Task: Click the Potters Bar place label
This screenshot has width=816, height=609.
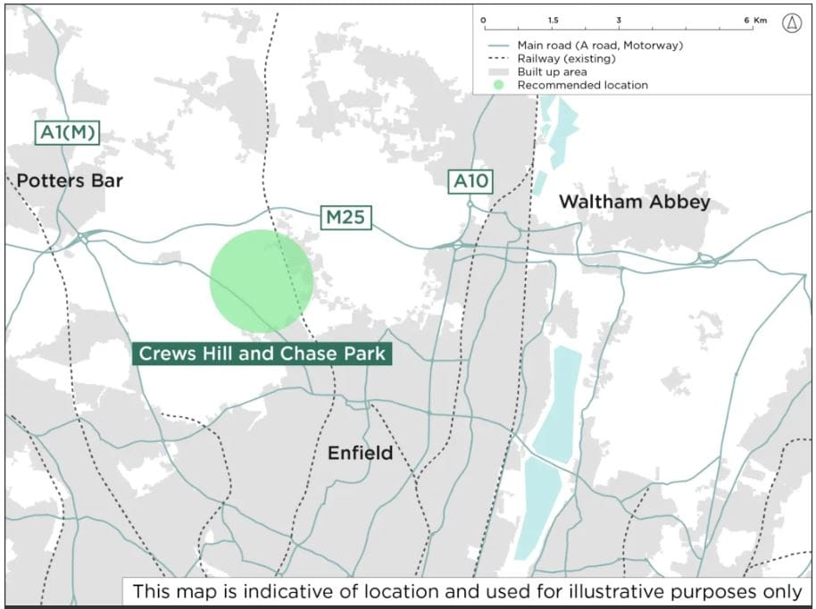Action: click(70, 180)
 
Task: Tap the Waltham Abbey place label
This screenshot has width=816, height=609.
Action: click(634, 202)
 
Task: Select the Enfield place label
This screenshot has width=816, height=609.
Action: click(360, 454)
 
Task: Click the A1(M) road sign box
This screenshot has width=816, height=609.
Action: click(68, 133)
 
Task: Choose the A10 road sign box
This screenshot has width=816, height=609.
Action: click(470, 182)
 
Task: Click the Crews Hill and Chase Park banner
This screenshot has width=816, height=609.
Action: click(262, 354)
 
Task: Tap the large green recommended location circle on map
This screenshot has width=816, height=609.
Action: click(261, 280)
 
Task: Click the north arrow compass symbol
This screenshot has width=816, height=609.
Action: click(791, 24)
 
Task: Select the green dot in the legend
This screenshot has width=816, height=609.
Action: click(498, 86)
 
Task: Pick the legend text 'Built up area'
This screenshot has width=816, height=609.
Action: click(552, 71)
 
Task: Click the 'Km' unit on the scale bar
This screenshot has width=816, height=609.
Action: click(760, 20)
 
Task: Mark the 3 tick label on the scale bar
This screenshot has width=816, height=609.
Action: click(618, 20)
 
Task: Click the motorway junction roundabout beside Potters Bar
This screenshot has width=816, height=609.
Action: click(82, 238)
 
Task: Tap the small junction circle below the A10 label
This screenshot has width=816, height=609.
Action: click(470, 204)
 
